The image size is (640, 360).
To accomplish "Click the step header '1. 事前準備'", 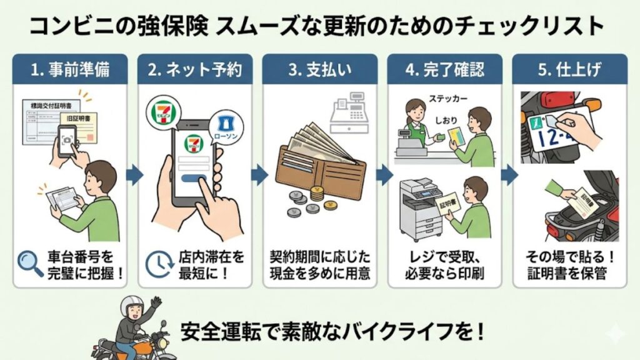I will tap(70, 69).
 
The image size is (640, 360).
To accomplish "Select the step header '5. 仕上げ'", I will tap(569, 69).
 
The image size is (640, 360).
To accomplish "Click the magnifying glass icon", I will tap(29, 264).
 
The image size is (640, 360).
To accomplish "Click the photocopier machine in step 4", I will tap(419, 209).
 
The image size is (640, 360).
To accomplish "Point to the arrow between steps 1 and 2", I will tap(133, 175).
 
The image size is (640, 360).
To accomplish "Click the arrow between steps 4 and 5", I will tap(509, 175).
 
